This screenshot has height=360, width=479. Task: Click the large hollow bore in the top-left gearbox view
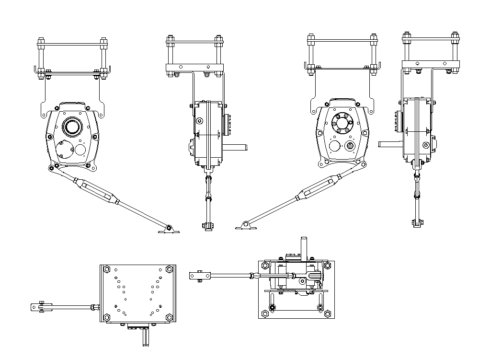(73, 127)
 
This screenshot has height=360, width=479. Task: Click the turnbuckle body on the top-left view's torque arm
(97, 190)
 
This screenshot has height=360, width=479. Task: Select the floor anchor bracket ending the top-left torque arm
(168, 229)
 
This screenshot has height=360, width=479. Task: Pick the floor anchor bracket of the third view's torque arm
(245, 225)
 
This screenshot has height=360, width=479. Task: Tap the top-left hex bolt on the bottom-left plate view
(106, 269)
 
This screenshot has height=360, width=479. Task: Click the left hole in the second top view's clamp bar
(181, 67)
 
